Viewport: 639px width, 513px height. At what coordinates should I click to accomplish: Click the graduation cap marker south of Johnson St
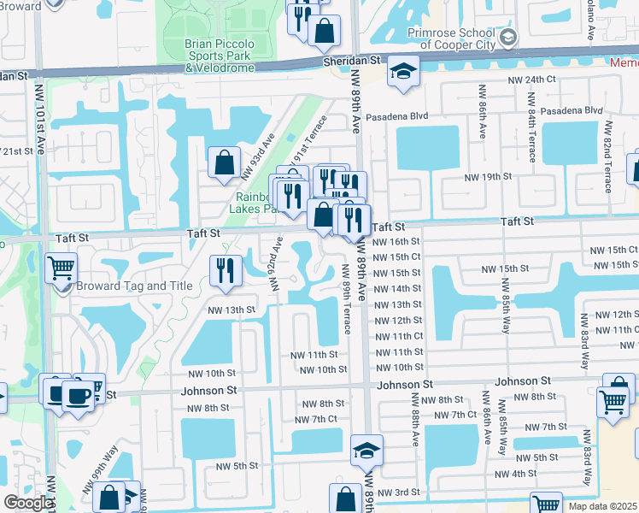tap(366, 449)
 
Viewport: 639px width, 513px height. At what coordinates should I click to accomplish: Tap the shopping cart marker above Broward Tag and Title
tap(61, 268)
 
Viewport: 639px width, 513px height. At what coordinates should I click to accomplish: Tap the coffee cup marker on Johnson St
tap(78, 396)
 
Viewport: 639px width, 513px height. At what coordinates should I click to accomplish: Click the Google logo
tap(28, 503)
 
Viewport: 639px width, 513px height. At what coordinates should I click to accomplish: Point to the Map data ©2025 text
tap(603, 506)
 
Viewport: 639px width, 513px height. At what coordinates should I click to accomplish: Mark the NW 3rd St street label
tap(399, 492)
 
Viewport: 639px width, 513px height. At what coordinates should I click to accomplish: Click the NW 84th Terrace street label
tap(531, 136)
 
